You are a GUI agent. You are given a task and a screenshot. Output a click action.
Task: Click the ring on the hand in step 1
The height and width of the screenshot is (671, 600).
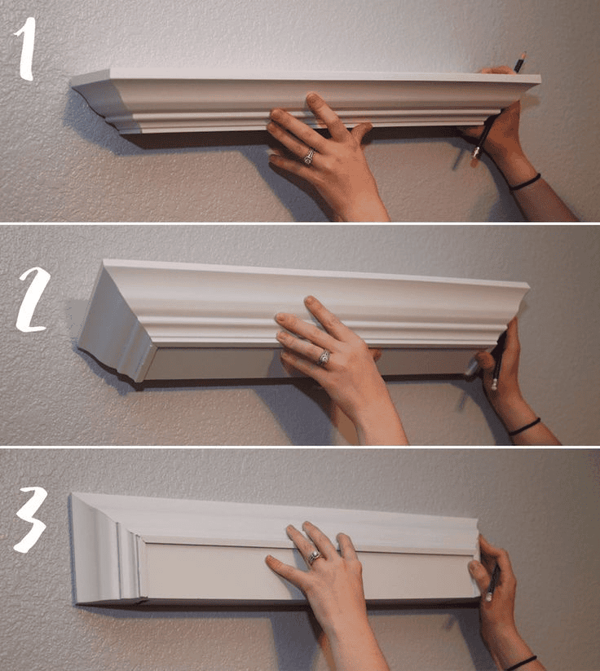[309, 156]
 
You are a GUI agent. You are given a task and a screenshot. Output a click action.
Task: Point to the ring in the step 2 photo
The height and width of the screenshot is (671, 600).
[324, 357]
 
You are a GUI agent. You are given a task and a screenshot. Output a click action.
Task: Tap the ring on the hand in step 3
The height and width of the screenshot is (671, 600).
[314, 558]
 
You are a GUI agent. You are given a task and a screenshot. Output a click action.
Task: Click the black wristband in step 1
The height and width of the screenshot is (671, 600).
[524, 182]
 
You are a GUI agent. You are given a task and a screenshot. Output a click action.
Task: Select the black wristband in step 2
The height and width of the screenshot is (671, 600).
[523, 426]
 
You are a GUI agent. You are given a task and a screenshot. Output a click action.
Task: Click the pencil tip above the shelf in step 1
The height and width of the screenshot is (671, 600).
[520, 58]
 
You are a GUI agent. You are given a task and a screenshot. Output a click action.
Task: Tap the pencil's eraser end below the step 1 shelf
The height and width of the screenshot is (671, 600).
[475, 153]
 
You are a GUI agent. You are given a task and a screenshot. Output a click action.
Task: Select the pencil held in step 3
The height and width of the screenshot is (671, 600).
[493, 581]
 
